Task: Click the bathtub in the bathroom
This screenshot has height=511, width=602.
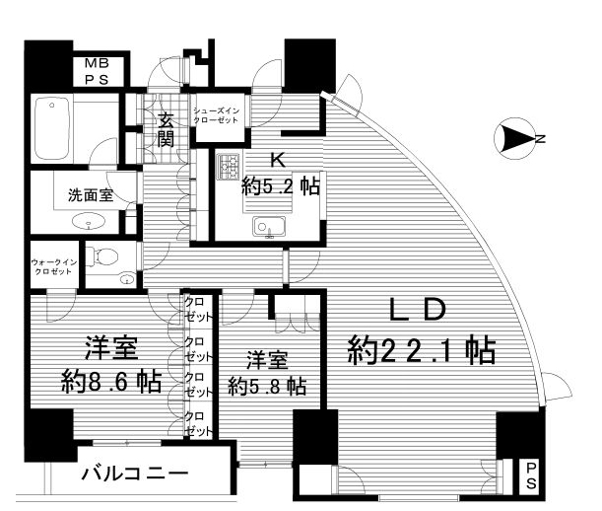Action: [52, 128]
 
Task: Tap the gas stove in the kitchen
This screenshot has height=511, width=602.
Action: [228, 167]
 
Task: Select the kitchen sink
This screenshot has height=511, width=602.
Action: [269, 227]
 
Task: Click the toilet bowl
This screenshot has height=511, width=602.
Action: [101, 255]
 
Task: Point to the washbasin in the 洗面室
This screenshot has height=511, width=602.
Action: [89, 222]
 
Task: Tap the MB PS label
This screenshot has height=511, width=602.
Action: [97, 71]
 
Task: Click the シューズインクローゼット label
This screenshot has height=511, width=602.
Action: [216, 115]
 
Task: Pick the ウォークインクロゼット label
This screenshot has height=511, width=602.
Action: [54, 266]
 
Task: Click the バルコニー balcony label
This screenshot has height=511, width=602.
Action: [135, 474]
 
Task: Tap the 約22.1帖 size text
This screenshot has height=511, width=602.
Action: [421, 350]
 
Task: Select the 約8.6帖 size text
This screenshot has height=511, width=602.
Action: [111, 381]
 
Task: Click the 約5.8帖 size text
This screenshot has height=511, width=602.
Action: [267, 386]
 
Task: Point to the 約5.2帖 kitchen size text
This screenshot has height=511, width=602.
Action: [281, 186]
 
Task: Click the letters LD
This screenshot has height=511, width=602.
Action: [418, 310]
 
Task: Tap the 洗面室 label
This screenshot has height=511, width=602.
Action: [91, 195]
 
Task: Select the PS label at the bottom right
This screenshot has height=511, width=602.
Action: [531, 475]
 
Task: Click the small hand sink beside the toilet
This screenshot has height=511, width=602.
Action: [127, 279]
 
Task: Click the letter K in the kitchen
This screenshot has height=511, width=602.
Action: [279, 161]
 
